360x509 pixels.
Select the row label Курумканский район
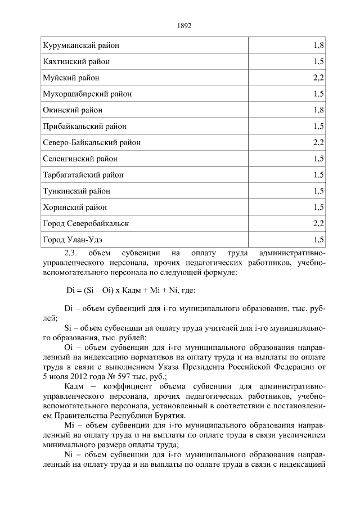pyautogui.click(x=81, y=44)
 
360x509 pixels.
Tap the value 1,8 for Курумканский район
pyautogui.click(x=318, y=44)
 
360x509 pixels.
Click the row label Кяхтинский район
pyautogui.click(x=76, y=61)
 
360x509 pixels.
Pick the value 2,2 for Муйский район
pyautogui.click(x=318, y=77)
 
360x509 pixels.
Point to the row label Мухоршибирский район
pyautogui.click(x=87, y=93)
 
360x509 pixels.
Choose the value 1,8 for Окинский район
pyautogui.click(x=318, y=110)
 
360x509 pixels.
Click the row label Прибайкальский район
pyautogui.click(x=84, y=126)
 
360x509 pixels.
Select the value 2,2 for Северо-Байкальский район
pyautogui.click(x=318, y=142)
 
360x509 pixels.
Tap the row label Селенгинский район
pyautogui.click(x=80, y=159)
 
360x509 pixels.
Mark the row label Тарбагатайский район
pyautogui.click(x=83, y=175)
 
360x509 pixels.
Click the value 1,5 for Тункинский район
pyautogui.click(x=318, y=191)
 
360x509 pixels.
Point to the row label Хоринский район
pyautogui.click(x=74, y=208)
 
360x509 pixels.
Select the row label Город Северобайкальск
pyautogui.click(x=86, y=224)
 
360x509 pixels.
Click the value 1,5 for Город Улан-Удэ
pyautogui.click(x=318, y=240)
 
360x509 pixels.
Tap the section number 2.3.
pyautogui.click(x=73, y=253)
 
